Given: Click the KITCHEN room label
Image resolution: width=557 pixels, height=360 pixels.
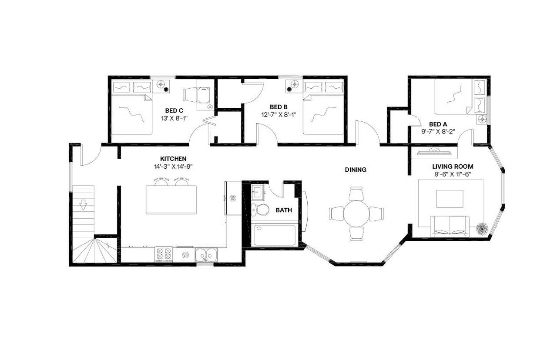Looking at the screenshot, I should click(173, 159).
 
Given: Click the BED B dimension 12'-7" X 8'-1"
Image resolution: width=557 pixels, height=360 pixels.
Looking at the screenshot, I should click(278, 114).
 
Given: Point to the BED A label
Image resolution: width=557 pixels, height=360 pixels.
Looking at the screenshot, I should click(438, 123).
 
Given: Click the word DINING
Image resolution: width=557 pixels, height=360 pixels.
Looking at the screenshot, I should click(356, 170).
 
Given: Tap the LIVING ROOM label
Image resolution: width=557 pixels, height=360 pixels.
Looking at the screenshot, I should click(453, 167).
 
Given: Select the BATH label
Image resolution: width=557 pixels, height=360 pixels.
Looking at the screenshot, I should click(284, 210).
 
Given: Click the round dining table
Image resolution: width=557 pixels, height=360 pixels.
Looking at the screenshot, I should click(356, 213).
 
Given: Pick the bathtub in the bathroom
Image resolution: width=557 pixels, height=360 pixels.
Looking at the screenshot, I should click(275, 235).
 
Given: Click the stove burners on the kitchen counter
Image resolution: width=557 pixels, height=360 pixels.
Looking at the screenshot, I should click(164, 254).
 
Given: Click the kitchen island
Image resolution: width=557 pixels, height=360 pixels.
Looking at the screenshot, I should click(171, 200).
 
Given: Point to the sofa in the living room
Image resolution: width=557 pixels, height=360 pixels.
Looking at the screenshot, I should click(450, 226).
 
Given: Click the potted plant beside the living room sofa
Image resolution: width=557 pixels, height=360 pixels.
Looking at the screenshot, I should click(482, 228).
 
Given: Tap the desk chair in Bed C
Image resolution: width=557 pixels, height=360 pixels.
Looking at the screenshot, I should click(191, 94).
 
